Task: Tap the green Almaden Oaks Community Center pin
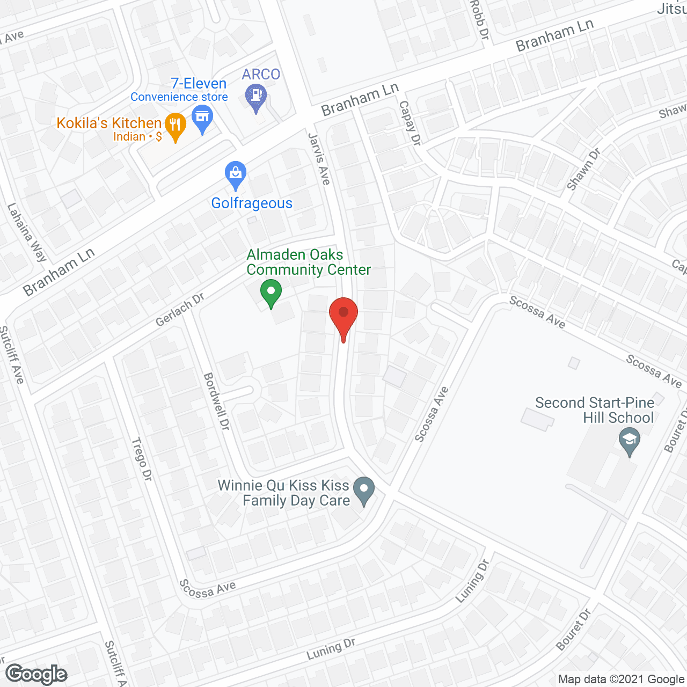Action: pos(271,293)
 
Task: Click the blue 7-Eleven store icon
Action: pos(202,119)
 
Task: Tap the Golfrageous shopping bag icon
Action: pos(236,174)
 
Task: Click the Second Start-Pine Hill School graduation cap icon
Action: pos(630,442)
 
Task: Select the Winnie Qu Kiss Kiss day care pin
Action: pos(364,489)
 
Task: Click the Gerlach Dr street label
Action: pos(180,310)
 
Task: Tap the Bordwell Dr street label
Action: pos(217,401)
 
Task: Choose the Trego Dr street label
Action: pos(142,459)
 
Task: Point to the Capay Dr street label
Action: pos(410,123)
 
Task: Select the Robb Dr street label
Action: pos(480,20)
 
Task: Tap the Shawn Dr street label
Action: pos(583,169)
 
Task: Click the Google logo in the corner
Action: pos(36,674)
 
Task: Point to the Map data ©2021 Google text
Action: pos(621,679)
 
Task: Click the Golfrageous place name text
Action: pos(252,203)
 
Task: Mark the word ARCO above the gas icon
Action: pos(261,74)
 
